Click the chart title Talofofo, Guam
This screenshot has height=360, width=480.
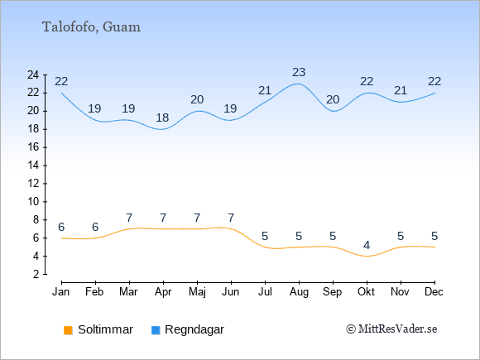[x=91, y=27]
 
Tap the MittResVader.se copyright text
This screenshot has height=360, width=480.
[x=391, y=329]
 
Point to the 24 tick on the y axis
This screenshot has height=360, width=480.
[x=33, y=74]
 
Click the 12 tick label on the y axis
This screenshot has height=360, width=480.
[x=33, y=184]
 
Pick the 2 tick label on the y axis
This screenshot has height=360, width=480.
[x=36, y=274]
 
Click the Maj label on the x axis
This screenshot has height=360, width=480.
[x=197, y=292]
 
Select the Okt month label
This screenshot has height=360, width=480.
[x=366, y=292]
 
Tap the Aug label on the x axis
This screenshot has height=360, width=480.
[x=299, y=292]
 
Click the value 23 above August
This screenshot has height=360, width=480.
[x=299, y=72]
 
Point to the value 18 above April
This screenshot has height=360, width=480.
[x=162, y=118]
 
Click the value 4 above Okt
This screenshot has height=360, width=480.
[x=367, y=245]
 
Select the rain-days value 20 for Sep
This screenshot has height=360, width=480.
[x=333, y=99]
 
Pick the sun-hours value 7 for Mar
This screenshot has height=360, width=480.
[x=129, y=218]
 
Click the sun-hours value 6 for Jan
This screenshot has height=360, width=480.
[x=61, y=227]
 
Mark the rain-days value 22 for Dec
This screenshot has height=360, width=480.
[x=434, y=81]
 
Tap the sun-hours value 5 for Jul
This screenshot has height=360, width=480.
[x=265, y=236]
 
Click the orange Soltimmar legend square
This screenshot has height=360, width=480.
[x=68, y=330]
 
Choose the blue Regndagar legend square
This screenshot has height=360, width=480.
[x=156, y=330]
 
